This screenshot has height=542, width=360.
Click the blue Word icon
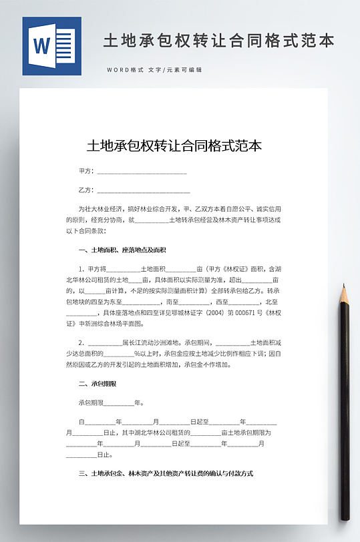(51, 46)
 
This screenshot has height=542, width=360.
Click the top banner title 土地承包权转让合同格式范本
(218, 41)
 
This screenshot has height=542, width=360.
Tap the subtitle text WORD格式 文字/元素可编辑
(154, 70)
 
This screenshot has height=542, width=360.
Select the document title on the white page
(174, 146)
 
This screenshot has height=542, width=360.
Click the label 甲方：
(87, 172)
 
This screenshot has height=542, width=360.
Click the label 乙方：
(87, 190)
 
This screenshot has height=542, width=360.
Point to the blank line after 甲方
(142, 172)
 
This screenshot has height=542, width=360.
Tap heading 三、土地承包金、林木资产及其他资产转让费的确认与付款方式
(166, 473)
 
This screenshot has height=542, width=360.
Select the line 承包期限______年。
(111, 403)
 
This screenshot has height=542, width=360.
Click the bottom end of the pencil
(345, 517)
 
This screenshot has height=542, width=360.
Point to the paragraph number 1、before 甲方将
(83, 268)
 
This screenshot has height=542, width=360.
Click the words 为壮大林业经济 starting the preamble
(98, 208)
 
